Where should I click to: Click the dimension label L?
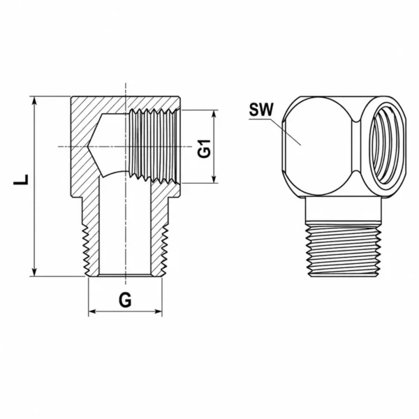(21, 179)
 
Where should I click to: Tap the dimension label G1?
(205, 149)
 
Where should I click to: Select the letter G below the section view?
(125, 300)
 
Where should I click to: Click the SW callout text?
(261, 110)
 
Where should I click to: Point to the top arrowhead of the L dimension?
(34, 101)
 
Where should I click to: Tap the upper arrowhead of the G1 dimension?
(214, 114)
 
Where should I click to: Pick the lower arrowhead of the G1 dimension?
(214, 179)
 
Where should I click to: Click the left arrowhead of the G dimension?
(92, 311)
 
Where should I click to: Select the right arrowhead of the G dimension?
(158, 311)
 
